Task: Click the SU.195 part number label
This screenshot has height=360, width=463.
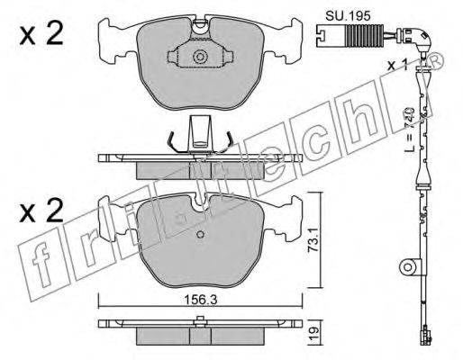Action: click(348, 15)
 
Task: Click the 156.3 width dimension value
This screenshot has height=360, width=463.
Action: click(201, 300)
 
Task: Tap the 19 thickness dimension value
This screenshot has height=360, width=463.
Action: click(313, 332)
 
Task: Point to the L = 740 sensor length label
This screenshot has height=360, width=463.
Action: click(409, 130)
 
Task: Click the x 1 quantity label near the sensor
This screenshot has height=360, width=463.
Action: click(397, 65)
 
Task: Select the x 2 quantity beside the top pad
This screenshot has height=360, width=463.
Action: click(41, 34)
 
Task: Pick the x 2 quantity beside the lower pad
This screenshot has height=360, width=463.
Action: click(41, 211)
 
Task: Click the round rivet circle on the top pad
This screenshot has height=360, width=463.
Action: click(200, 57)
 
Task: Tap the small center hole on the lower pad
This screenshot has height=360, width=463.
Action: click(200, 234)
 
